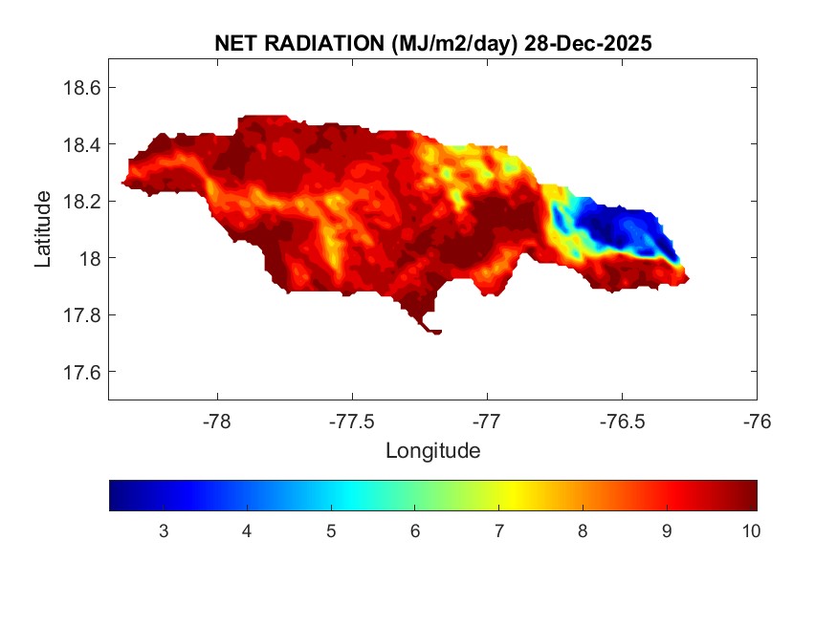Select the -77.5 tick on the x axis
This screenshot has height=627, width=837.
[352, 420]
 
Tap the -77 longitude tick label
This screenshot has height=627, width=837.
[487, 420]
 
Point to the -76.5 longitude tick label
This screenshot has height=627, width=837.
[622, 420]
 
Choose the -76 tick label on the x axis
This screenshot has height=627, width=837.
[757, 420]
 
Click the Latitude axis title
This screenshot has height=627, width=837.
[43, 228]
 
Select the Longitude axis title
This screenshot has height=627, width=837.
[432, 450]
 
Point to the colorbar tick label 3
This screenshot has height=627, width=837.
[164, 531]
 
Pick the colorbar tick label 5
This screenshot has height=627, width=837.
[331, 531]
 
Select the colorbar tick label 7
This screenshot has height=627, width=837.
[498, 531]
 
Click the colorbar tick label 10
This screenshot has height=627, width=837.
[750, 531]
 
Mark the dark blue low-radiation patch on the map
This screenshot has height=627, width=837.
[622, 229]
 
